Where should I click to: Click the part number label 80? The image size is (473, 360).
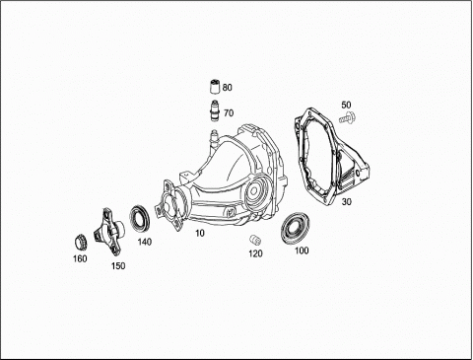point(227,88)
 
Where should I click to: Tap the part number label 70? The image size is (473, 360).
point(229,113)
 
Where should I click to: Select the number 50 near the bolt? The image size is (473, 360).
point(346,105)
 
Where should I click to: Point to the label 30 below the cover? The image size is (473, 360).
point(346,202)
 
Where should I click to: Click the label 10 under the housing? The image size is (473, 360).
point(200,233)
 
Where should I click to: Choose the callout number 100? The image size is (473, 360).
point(302,251)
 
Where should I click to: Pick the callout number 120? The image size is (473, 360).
point(255,253)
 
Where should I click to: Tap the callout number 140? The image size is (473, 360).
point(145,242)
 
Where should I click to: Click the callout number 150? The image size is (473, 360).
point(118,266)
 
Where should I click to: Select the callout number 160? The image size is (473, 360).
point(80,258)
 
